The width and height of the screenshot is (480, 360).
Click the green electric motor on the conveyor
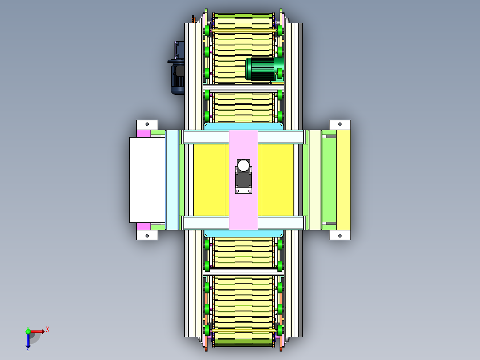[264, 69]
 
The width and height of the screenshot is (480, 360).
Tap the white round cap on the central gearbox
[244, 166]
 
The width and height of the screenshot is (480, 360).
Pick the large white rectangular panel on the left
[147, 180]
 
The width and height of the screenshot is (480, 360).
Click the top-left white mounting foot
[147, 125]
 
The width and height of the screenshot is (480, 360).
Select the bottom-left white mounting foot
[147, 235]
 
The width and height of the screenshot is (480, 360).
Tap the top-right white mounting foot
[340, 125]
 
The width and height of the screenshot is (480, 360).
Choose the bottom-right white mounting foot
[340, 235]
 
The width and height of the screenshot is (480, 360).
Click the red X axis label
[48, 330]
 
